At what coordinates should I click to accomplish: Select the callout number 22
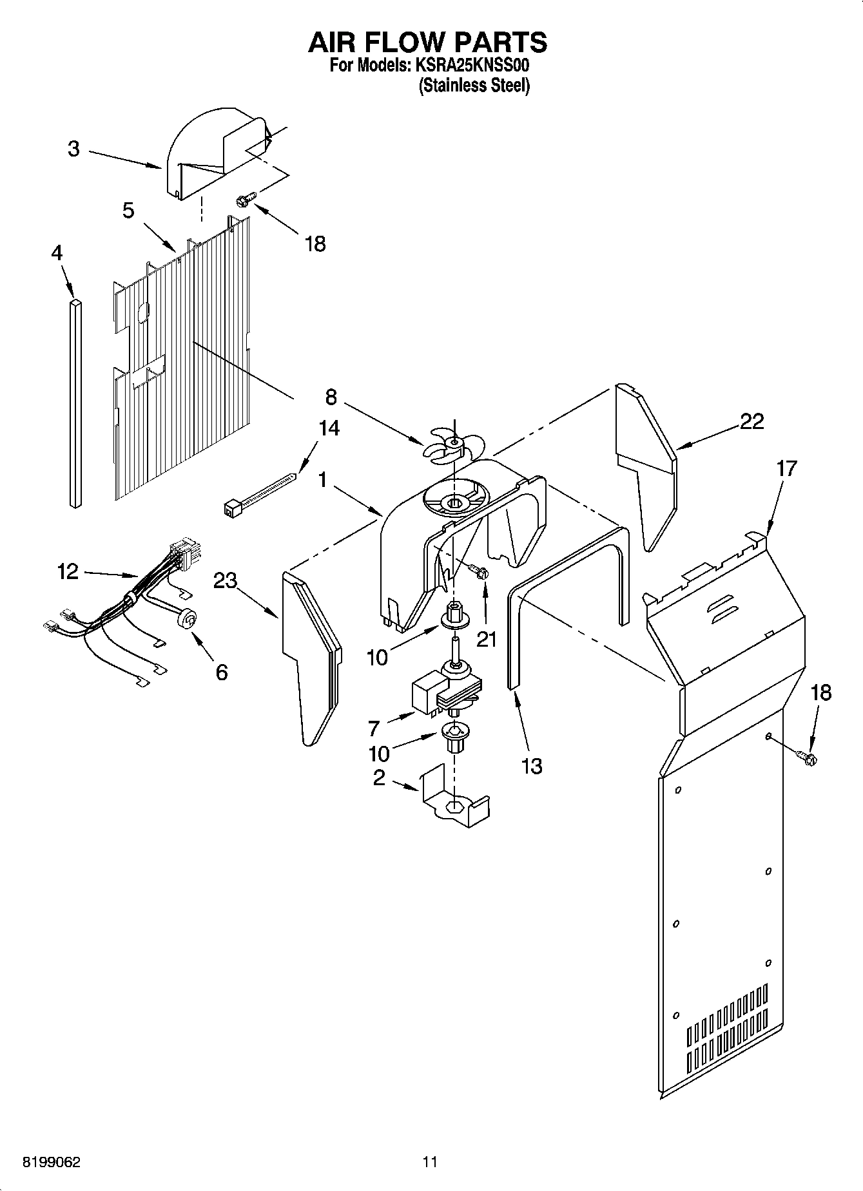click(x=751, y=422)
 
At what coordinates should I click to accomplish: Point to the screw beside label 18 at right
click(x=805, y=757)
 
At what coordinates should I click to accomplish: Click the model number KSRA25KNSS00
click(x=472, y=65)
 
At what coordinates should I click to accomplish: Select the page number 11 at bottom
click(x=430, y=1161)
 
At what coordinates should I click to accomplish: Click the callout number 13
click(x=532, y=766)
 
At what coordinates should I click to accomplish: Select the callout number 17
click(x=787, y=468)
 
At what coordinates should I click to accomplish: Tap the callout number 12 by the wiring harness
click(x=68, y=571)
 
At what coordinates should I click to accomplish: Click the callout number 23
click(x=226, y=581)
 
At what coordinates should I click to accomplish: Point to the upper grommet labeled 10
click(x=454, y=615)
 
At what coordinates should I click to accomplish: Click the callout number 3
click(x=73, y=149)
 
